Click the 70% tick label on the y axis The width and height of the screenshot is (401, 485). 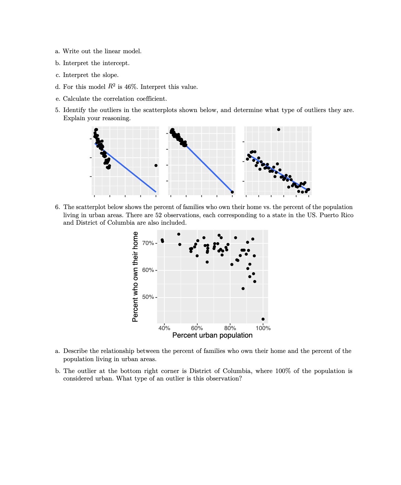148,243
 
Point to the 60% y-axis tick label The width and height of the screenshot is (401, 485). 148,270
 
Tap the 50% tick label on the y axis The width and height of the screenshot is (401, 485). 148,297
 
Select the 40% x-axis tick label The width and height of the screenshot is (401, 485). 164,328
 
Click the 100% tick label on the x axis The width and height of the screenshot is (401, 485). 263,328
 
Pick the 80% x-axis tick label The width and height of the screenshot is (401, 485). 230,328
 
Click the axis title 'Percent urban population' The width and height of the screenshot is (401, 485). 212,335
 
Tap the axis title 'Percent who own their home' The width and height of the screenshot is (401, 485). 135,277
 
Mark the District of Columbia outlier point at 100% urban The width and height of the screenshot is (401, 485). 263,319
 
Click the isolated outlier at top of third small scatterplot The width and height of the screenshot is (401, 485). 279,130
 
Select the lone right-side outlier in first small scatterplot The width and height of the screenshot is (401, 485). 156,166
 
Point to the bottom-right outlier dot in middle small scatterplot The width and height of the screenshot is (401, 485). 232,192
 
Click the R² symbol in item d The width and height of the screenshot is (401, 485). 112,86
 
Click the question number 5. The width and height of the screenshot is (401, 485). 57,110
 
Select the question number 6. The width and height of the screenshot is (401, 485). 57,207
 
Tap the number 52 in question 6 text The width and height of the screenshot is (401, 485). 158,215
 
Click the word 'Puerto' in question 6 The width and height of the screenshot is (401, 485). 329,215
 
